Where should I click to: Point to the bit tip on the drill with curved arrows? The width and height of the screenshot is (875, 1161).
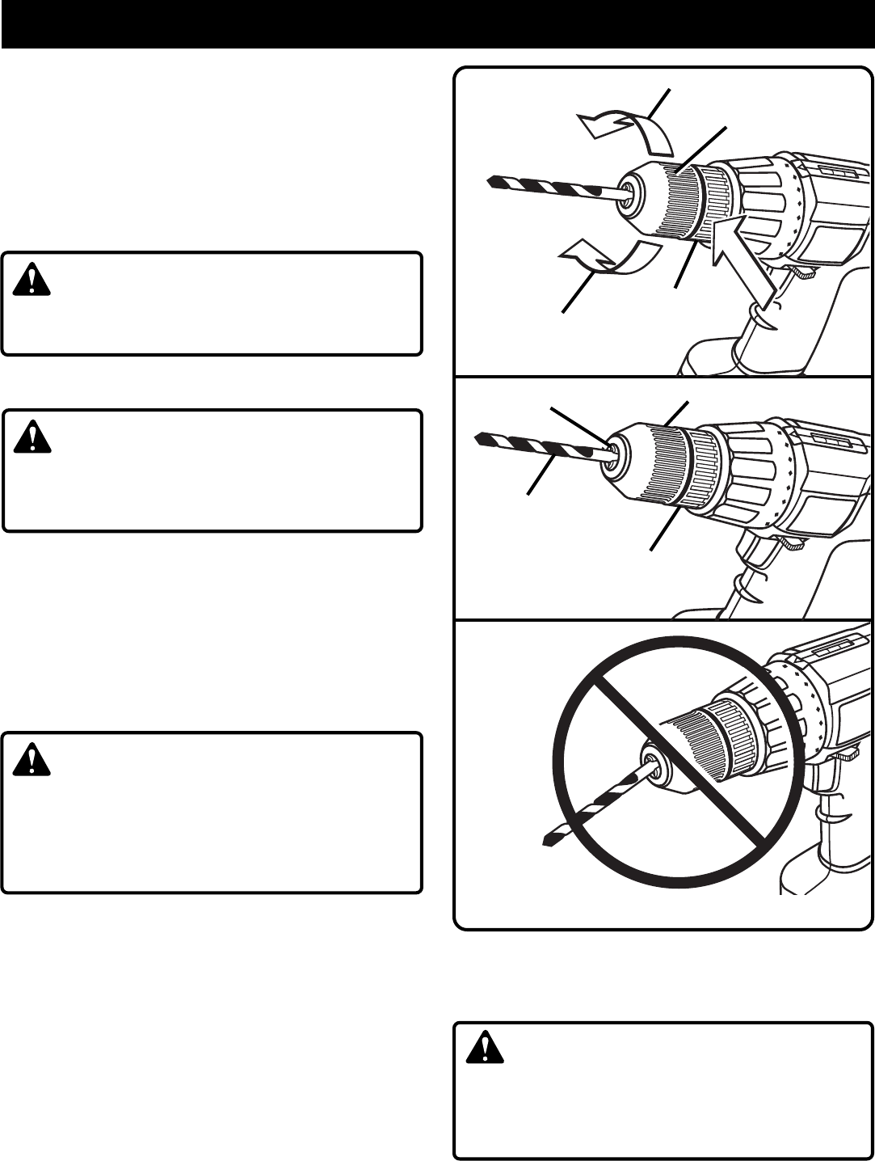click(x=494, y=181)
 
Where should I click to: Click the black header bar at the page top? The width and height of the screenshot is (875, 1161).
click(x=437, y=24)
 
